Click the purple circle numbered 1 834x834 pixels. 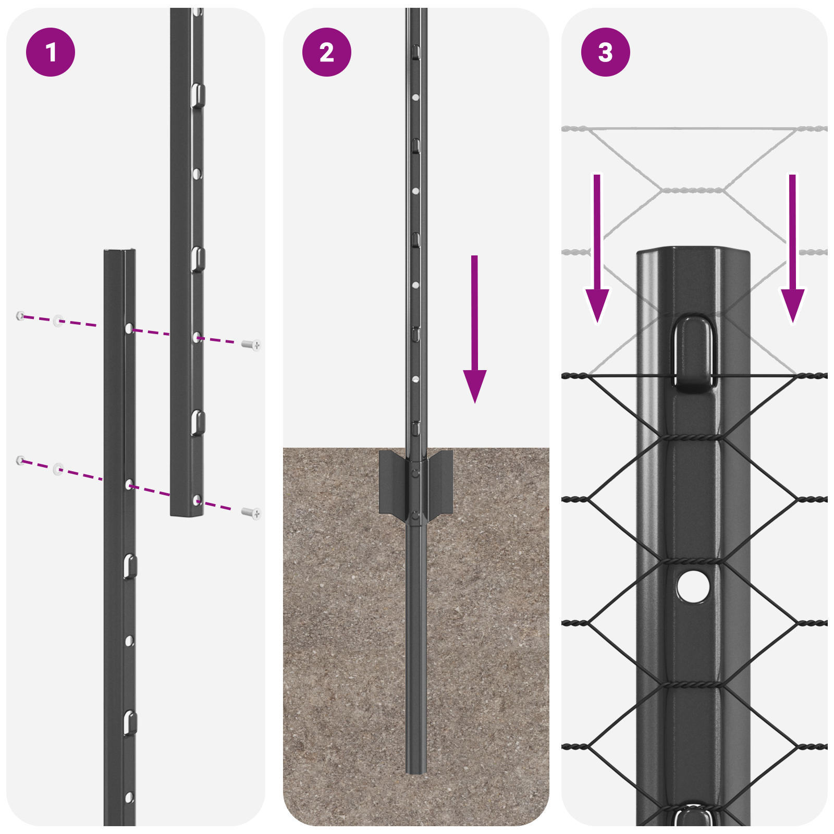click(51, 52)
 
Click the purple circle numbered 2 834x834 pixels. click(327, 52)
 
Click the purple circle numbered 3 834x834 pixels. click(605, 52)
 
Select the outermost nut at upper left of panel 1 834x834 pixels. click(20, 315)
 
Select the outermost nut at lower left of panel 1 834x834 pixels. click(20, 460)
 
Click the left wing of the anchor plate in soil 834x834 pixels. click(392, 482)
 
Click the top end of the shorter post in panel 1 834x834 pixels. click(119, 252)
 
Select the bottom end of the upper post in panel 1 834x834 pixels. click(187, 513)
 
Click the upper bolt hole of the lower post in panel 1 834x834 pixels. click(129, 329)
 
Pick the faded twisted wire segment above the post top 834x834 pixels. click(693, 191)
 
